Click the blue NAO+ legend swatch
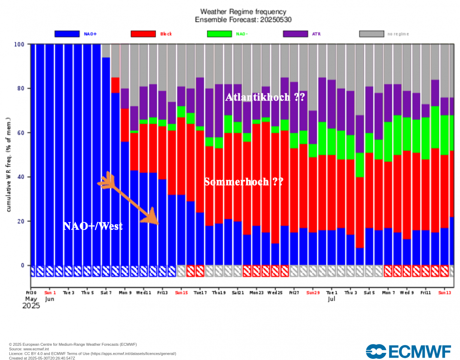point(67,34)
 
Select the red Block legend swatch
point(143,34)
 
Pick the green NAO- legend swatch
point(219,34)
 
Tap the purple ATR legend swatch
point(295,34)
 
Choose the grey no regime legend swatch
point(371,34)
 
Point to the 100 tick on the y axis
point(20,44)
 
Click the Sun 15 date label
point(181,292)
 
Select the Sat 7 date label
point(106,292)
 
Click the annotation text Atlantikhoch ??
point(265,97)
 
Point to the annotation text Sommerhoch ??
point(244,182)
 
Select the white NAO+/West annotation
point(92,226)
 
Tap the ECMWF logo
point(408,351)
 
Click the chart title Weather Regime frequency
point(243,12)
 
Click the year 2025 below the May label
point(31,306)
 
